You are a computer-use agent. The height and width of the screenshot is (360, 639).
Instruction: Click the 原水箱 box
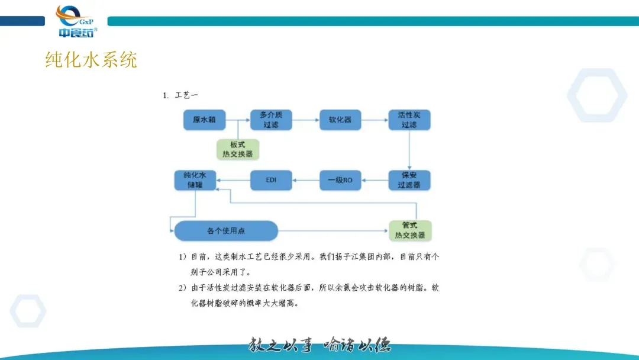coord(204,120)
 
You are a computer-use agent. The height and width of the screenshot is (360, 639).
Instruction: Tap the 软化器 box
coord(340,120)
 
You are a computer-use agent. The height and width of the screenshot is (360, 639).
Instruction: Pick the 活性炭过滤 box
coord(409,120)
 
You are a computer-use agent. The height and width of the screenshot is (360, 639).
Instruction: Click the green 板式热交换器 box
coord(237,149)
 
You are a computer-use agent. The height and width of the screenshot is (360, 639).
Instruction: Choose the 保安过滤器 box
coord(409,180)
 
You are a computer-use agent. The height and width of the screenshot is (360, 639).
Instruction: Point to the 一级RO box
coord(340,180)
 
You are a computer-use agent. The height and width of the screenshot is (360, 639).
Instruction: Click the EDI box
coord(271,180)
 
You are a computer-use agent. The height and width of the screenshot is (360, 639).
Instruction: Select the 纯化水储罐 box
coord(195,180)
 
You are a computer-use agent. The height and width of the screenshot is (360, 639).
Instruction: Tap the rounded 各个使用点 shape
coord(226,231)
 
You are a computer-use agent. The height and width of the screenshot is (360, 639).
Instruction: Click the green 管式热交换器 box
coord(410,230)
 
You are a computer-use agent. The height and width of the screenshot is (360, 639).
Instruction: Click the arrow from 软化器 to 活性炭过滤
coord(374,120)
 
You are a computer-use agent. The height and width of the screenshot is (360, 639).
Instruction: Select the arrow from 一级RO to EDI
coord(306,180)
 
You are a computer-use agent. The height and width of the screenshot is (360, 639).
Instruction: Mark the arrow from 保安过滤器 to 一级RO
coord(375,180)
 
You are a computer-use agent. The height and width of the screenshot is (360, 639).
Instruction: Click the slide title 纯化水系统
coord(91,60)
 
